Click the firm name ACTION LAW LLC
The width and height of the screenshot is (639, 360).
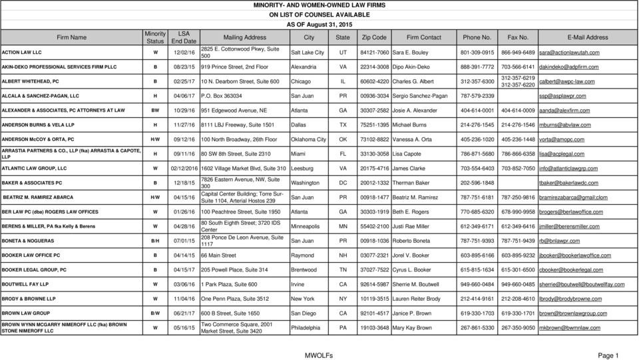23,51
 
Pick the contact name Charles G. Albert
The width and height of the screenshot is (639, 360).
419,82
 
